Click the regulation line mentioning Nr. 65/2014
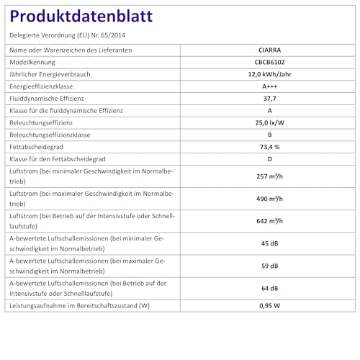tap(69, 35)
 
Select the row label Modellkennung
tap(37, 63)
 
